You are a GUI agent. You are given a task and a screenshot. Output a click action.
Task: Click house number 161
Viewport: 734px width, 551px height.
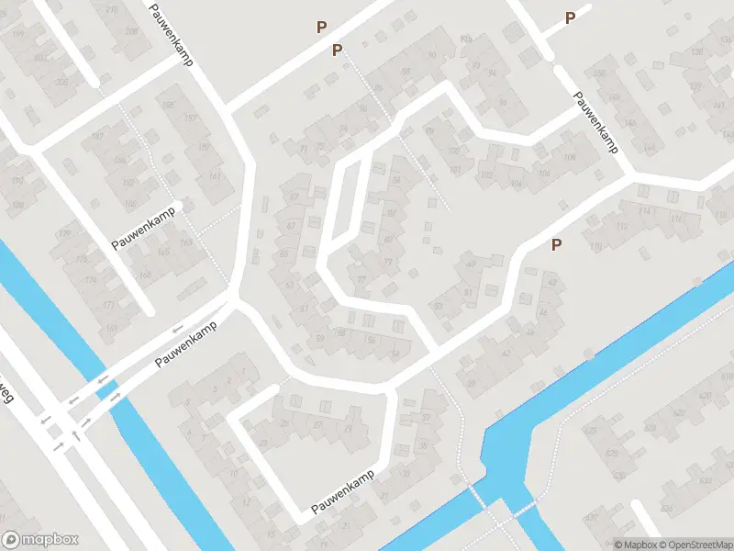[x=215, y=176]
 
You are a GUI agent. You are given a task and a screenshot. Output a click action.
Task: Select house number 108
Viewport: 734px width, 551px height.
[x=570, y=159]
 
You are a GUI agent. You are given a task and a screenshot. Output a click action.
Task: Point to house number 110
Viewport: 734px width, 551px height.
[x=596, y=246]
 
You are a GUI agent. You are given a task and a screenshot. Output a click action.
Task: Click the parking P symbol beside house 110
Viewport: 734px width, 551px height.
[x=555, y=244]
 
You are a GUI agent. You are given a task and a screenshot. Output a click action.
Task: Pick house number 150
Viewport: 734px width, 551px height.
[x=602, y=73]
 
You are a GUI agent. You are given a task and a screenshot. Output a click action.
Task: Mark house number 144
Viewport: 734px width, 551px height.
[x=651, y=147]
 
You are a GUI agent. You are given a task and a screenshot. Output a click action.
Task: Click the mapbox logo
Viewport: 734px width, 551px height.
[x=40, y=540]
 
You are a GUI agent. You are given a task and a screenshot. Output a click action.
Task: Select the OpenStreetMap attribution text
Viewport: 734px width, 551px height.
[x=695, y=544]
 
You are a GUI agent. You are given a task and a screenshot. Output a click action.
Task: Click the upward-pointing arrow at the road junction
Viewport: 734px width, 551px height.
[x=75, y=434]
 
